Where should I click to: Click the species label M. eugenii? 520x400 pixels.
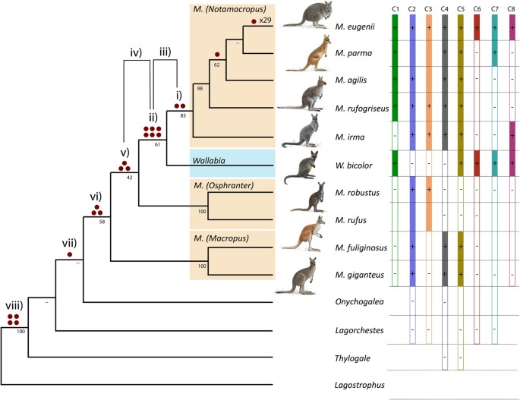354,26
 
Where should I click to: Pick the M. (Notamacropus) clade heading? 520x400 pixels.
232,10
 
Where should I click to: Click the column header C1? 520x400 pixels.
395,8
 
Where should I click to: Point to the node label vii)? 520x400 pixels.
70,243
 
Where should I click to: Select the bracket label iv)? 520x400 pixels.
136,52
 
